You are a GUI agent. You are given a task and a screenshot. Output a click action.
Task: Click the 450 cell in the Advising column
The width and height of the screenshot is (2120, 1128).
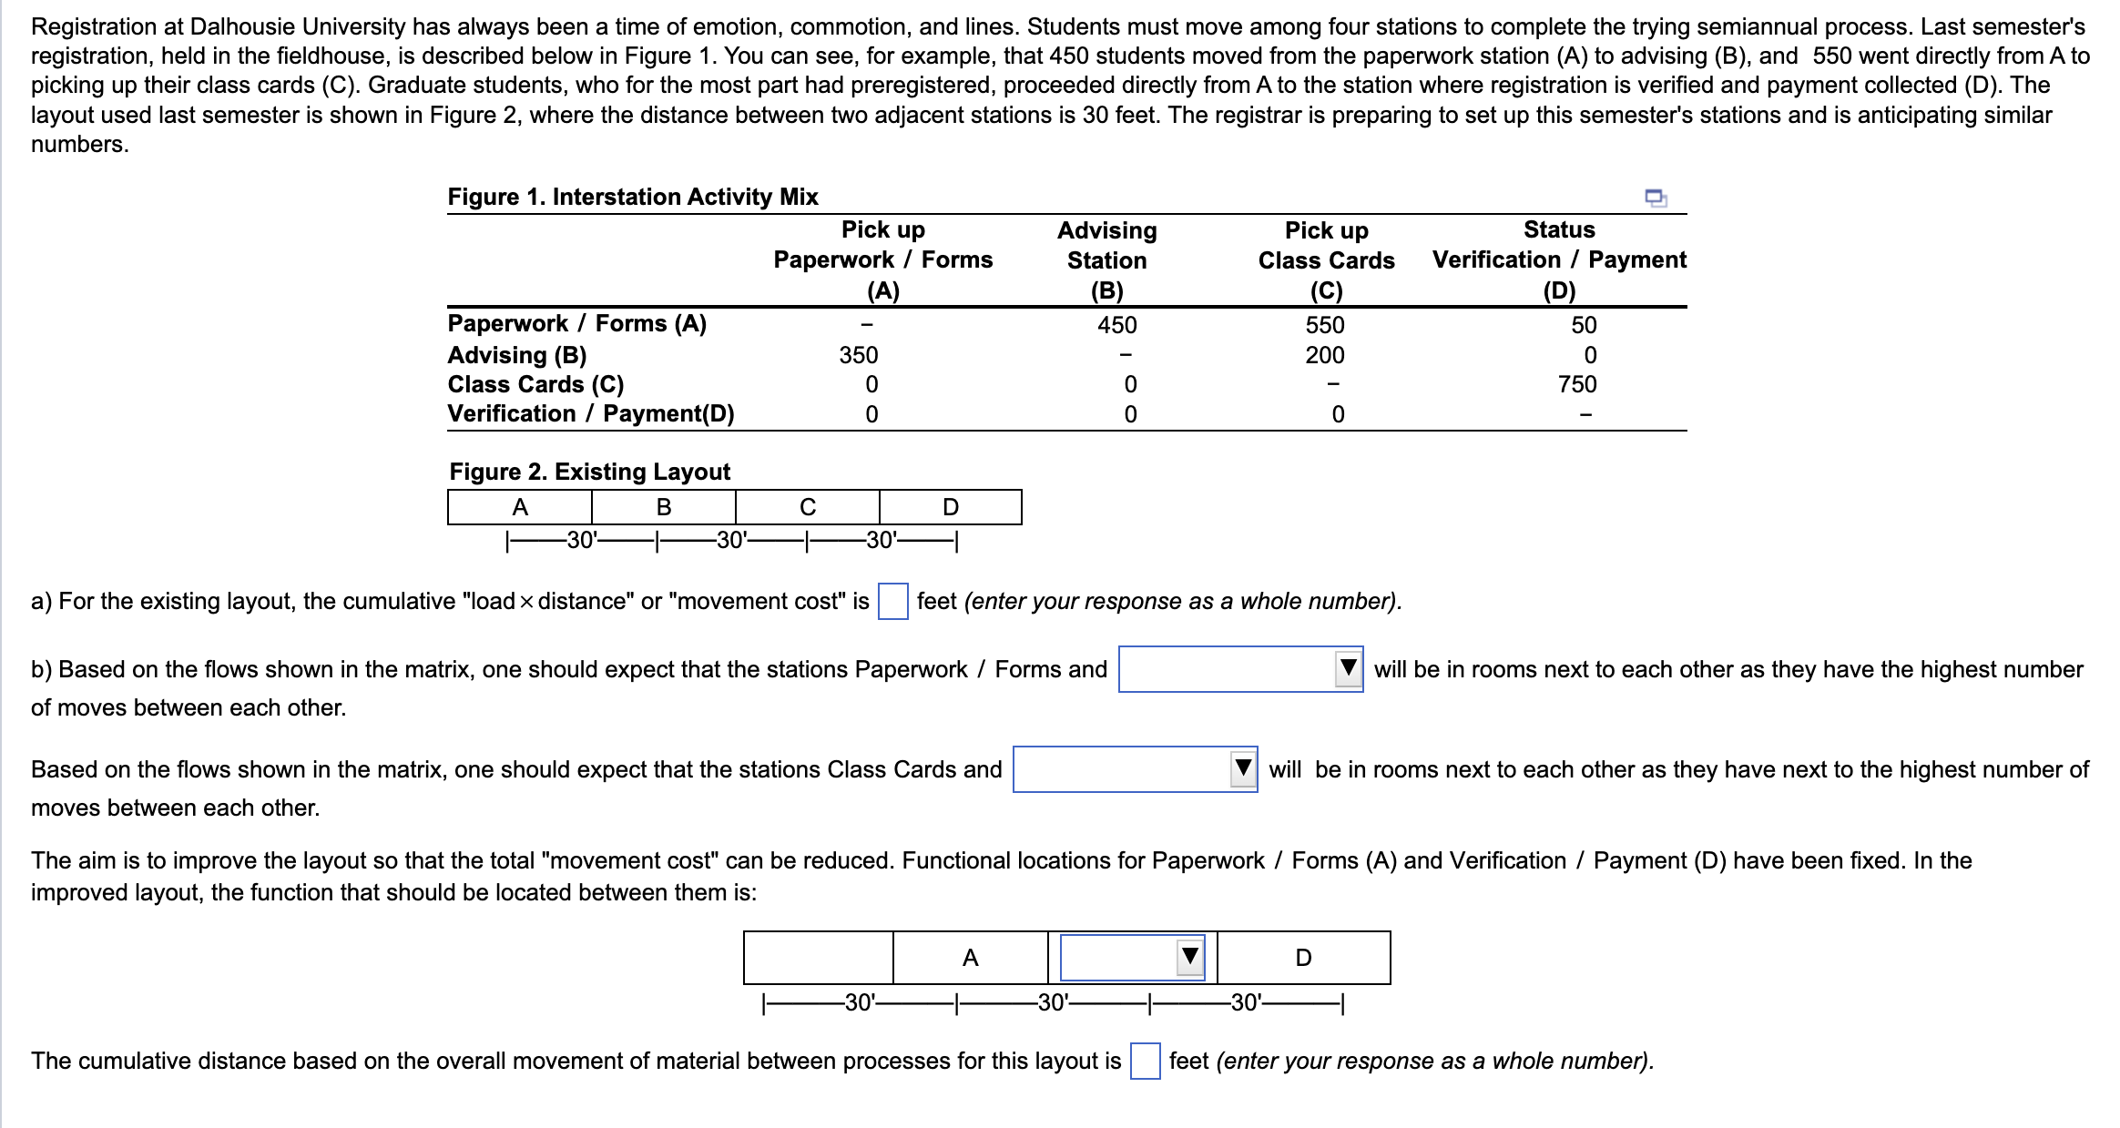[x=1116, y=325]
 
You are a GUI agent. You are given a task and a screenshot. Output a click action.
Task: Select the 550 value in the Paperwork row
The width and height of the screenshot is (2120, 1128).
[x=1324, y=325]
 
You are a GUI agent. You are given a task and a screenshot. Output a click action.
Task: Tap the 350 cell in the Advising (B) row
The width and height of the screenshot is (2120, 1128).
[x=858, y=355]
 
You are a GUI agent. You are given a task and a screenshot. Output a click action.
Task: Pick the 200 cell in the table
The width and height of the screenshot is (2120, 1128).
[x=1324, y=355]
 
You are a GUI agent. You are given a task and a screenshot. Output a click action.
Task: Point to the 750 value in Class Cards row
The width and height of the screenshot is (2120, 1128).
[x=1576, y=384]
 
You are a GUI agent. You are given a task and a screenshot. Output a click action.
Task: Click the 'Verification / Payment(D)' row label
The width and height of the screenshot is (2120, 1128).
[x=590, y=414]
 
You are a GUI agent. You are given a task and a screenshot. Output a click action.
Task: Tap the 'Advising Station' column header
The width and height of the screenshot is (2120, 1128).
[x=1106, y=246]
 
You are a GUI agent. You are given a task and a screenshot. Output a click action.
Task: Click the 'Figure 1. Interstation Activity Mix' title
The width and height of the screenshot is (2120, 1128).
[x=632, y=197]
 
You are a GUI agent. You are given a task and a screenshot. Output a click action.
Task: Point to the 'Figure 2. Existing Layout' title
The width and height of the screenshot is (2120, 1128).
[x=589, y=472]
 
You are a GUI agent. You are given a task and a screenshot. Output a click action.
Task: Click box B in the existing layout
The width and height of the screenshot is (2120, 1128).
[x=664, y=507]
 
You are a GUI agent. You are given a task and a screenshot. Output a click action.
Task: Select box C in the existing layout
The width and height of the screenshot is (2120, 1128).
[x=807, y=507]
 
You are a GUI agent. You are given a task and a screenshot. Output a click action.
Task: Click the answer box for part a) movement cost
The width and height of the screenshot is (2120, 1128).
[x=892, y=601]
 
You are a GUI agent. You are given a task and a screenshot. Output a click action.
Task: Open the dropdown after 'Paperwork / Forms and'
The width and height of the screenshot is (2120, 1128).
[x=1239, y=669]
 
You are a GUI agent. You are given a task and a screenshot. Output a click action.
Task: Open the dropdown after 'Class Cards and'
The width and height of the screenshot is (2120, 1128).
[x=1135, y=769]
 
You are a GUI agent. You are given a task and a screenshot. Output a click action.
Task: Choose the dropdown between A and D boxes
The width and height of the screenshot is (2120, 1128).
[x=1132, y=958]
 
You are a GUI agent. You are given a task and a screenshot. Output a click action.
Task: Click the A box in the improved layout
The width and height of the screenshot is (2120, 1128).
[x=970, y=958]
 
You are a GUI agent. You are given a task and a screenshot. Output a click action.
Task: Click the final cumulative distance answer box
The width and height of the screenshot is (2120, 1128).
[x=1145, y=1062]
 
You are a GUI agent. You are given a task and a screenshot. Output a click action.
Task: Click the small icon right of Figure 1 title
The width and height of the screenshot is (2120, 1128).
[x=1655, y=198]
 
